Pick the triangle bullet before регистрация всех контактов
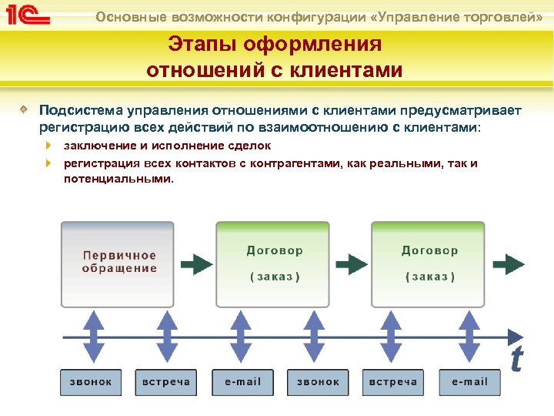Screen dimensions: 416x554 coord(48,163)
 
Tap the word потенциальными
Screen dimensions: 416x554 coord(118,179)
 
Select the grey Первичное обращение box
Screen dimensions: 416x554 coord(119,263)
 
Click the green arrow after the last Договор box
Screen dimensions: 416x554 coord(509,264)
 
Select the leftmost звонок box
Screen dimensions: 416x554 coord(91,381)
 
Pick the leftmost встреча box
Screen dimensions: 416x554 coord(166,381)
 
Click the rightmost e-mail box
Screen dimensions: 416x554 coord(469,381)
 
